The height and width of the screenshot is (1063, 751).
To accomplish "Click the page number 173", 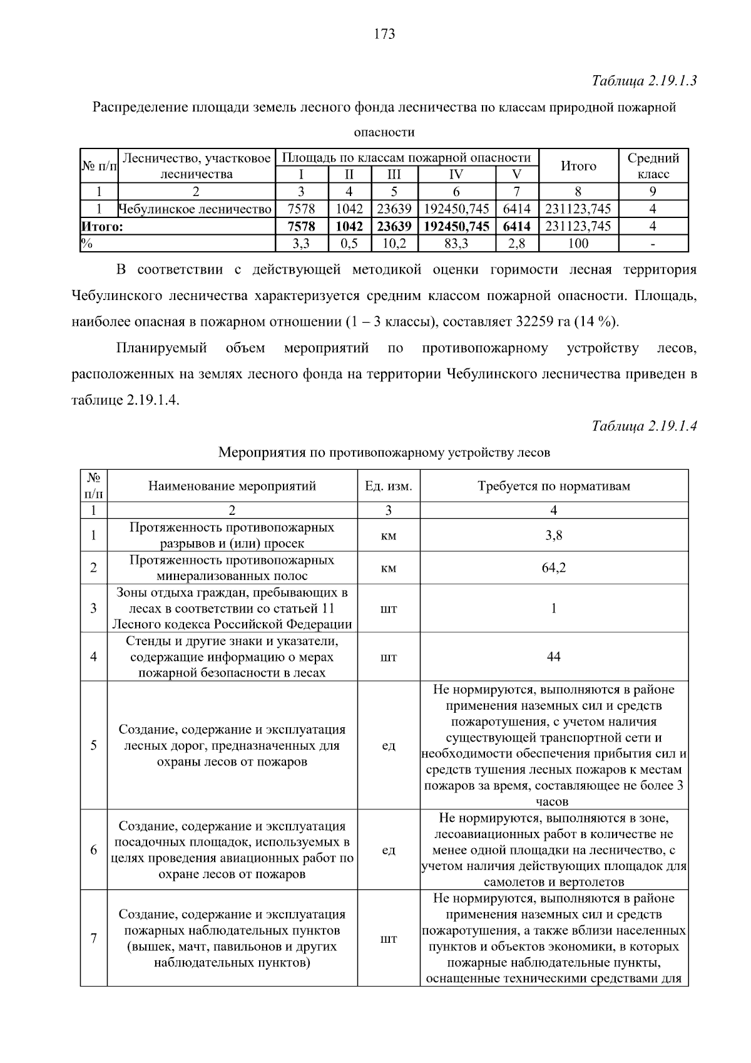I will [x=384, y=34].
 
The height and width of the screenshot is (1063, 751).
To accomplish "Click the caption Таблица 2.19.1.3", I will [x=644, y=81].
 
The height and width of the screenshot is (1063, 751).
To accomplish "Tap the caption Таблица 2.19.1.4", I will [x=644, y=426].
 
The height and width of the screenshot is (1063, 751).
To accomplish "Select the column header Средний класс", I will [x=653, y=166].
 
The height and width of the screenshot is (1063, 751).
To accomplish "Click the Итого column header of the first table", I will [x=578, y=166].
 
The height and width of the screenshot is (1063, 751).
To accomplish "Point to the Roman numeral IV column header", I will [x=456, y=175].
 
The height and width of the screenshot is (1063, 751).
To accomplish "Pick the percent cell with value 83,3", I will [x=456, y=244].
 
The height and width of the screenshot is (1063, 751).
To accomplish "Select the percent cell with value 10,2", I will [x=394, y=244].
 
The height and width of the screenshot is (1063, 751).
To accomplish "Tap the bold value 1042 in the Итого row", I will [x=349, y=226].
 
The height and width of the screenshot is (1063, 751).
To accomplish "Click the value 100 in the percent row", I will [x=578, y=244].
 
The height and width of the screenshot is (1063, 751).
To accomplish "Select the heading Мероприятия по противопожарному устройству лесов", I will [x=384, y=452].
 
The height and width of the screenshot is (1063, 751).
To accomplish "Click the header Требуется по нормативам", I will [x=554, y=486].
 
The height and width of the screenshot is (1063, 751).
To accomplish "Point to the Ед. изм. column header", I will [x=388, y=486].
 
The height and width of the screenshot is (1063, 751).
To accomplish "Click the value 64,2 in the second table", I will [x=554, y=568].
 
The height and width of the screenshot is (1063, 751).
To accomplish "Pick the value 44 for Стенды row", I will [x=554, y=656].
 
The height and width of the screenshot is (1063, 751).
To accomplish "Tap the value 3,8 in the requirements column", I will [x=554, y=536].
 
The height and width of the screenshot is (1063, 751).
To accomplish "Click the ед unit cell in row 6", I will [x=388, y=850].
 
